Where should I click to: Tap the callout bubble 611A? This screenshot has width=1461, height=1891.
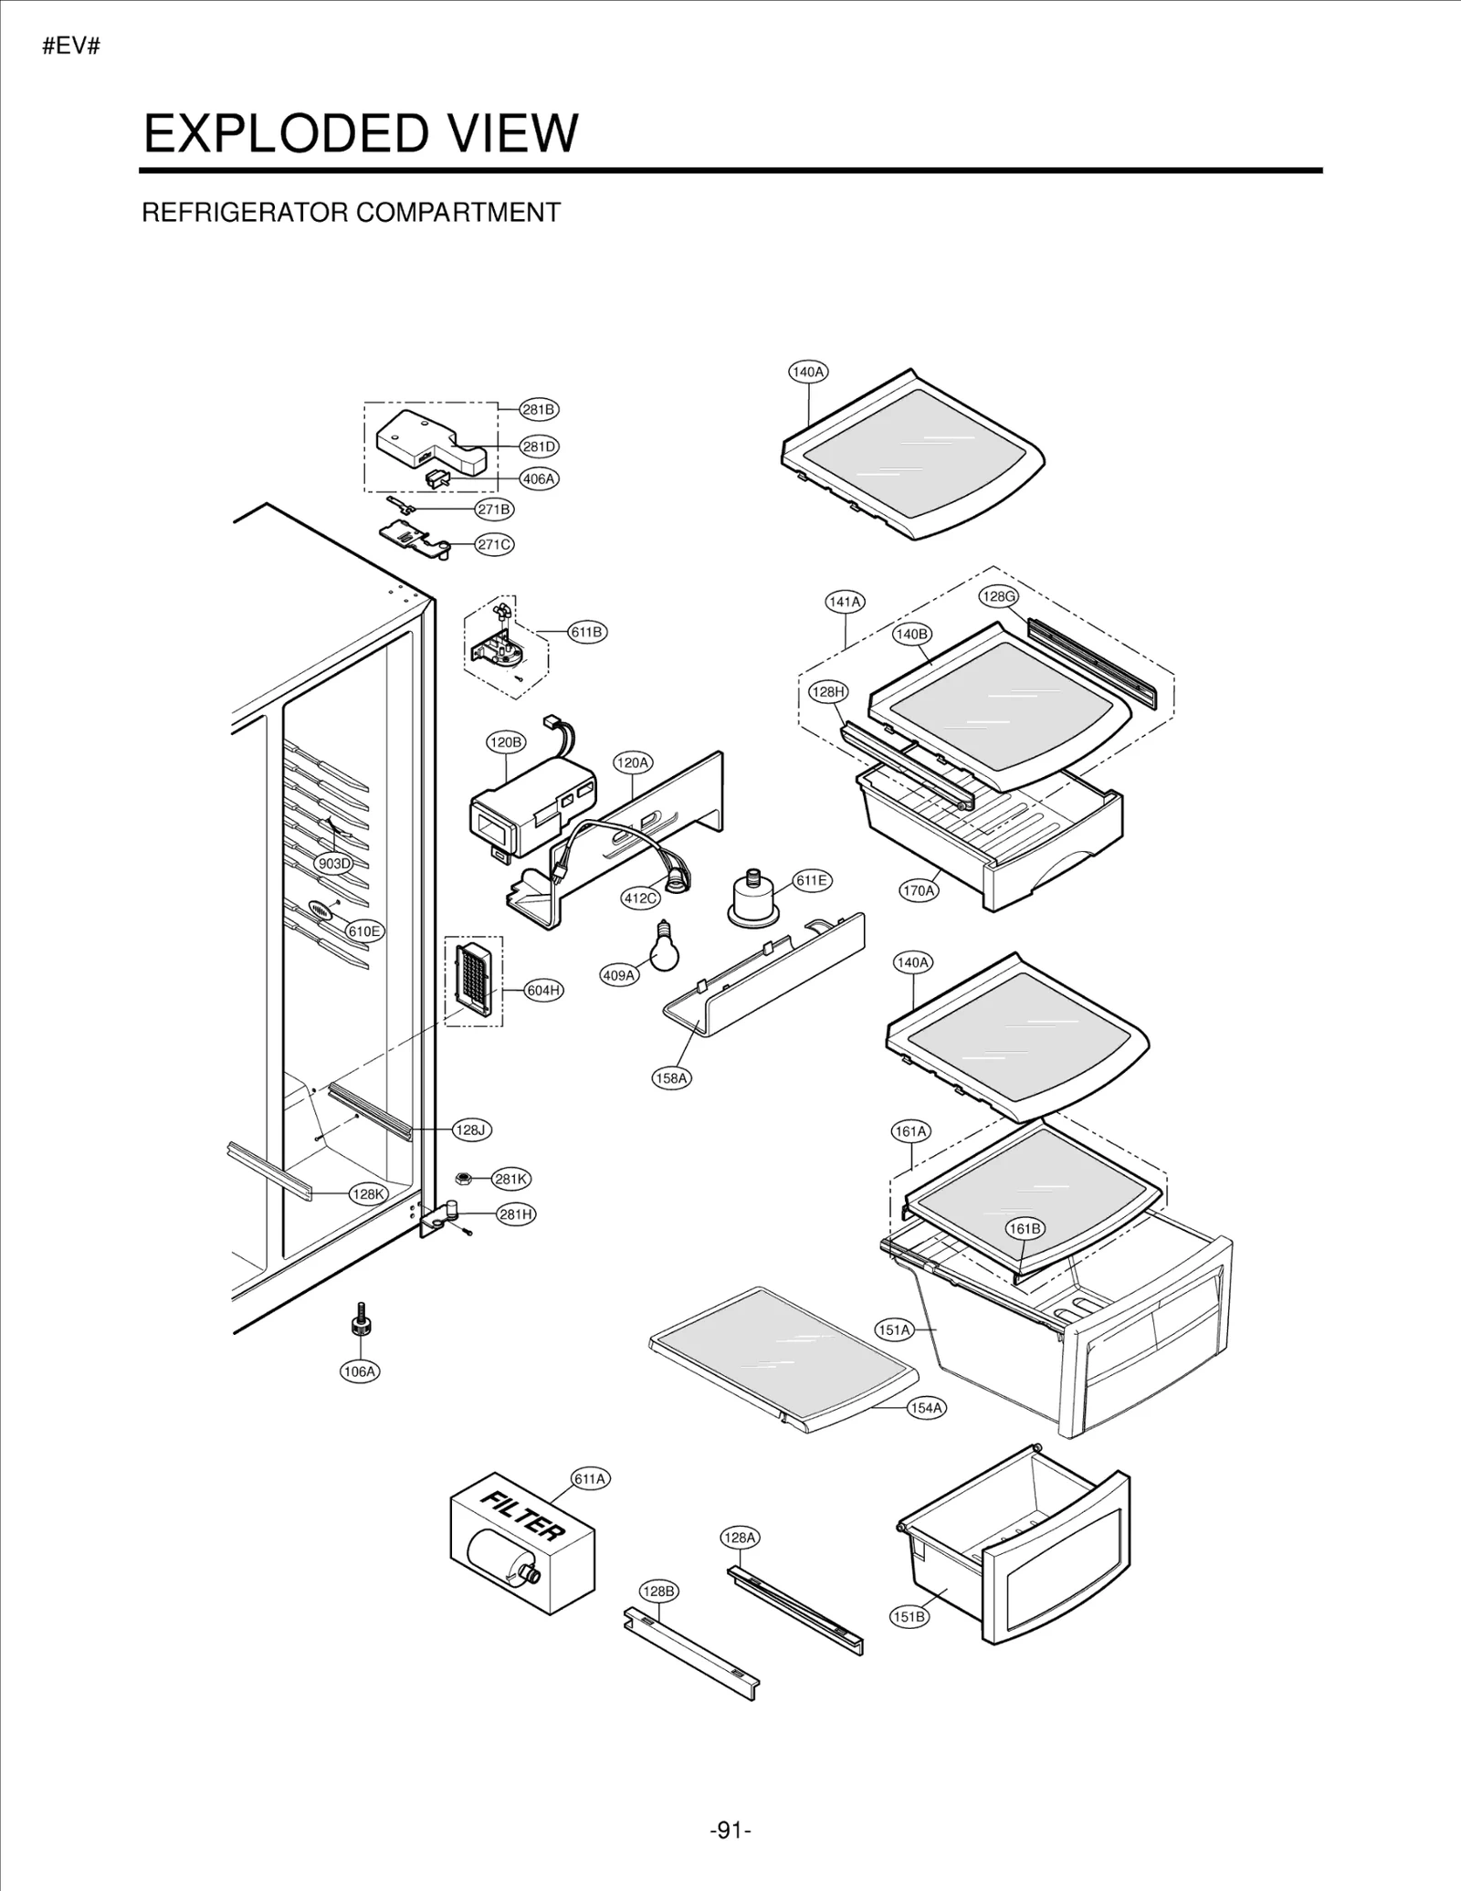590,1478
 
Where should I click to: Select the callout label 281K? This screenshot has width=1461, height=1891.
510,1179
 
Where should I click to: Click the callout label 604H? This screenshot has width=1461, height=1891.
543,991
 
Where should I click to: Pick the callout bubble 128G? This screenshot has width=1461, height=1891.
998,596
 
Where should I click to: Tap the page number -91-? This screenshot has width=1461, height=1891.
730,1830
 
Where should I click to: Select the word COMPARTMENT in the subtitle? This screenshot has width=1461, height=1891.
457,213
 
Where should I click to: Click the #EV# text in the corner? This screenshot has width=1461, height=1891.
70,47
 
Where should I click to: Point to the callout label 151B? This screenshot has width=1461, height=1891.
909,1616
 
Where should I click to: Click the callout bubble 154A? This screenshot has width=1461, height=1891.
926,1407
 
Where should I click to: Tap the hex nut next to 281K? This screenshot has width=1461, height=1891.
463,1178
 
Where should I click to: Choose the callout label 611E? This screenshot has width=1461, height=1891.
811,880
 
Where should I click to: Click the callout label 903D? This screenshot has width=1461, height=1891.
333,863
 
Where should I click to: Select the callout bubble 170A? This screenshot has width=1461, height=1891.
919,890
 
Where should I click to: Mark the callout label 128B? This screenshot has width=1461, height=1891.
658,1591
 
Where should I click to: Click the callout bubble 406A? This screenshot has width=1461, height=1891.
539,478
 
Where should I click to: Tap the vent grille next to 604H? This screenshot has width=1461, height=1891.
473,980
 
